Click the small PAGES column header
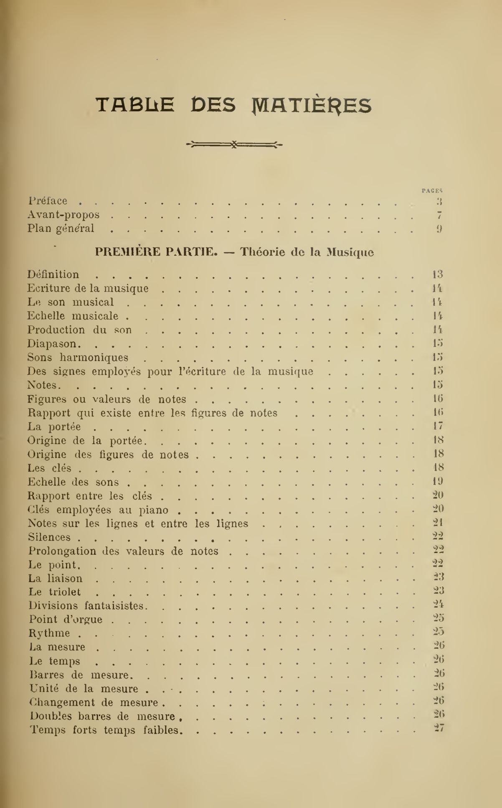(x=432, y=190)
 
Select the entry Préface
(x=47, y=201)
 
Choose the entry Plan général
(x=61, y=229)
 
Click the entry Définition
(x=53, y=274)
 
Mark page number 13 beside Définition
(x=437, y=274)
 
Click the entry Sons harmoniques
(x=78, y=358)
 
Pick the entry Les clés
(x=49, y=468)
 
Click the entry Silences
(x=49, y=537)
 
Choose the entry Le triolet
(x=55, y=592)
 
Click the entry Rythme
(x=49, y=633)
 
